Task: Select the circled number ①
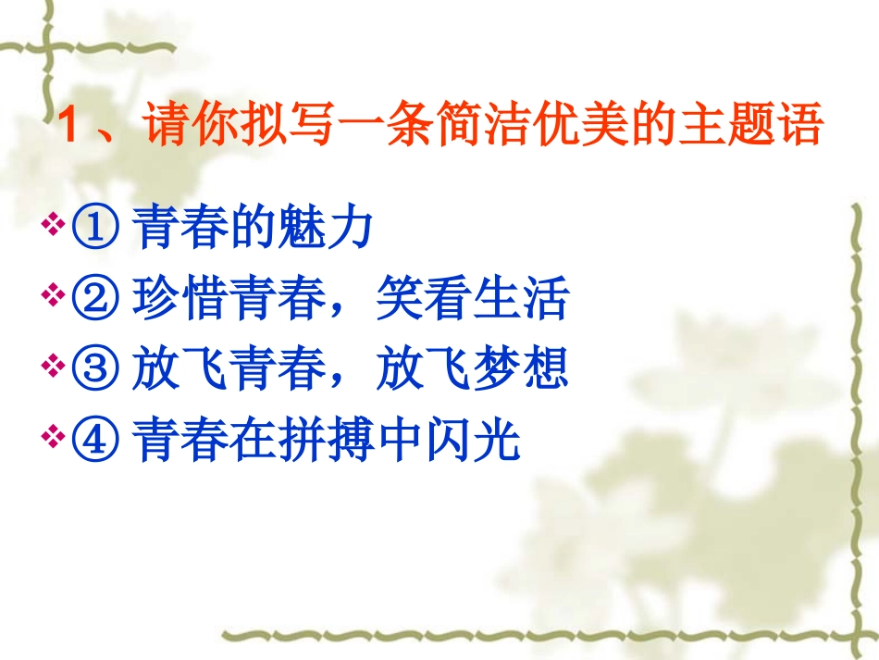coord(94,230)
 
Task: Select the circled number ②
coord(94,301)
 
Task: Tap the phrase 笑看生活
coord(472,301)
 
